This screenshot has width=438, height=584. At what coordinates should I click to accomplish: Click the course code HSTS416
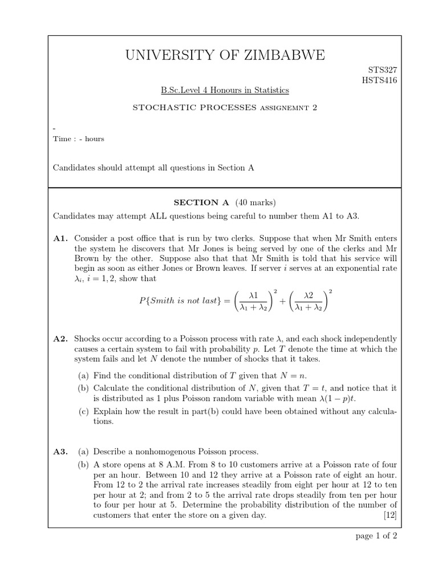point(379,80)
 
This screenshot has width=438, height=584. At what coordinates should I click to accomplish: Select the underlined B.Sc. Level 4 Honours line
point(224,90)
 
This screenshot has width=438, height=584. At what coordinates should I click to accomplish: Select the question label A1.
point(61,237)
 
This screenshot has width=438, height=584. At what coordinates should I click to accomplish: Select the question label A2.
point(61,339)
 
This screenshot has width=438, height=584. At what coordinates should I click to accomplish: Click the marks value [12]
point(391,516)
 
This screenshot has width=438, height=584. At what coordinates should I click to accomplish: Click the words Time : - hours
point(79,139)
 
